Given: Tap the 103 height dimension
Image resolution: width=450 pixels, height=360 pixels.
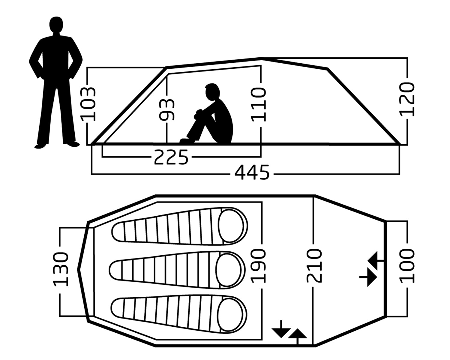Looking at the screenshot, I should pos(88,104).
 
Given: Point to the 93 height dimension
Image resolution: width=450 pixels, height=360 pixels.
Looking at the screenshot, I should pos(167,110).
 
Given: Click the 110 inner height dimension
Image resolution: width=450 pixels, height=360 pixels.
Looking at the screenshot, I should pos(259,104).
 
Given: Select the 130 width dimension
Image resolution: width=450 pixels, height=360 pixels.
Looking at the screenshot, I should pos(61,269).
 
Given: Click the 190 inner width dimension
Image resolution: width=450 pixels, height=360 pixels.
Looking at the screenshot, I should pos(259,265).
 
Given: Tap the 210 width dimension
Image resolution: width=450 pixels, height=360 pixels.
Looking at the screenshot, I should pos(314,265).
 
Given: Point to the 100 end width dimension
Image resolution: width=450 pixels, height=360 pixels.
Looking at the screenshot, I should pos(407,265).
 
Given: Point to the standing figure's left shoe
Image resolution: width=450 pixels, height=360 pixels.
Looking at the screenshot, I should pos(41,146).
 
